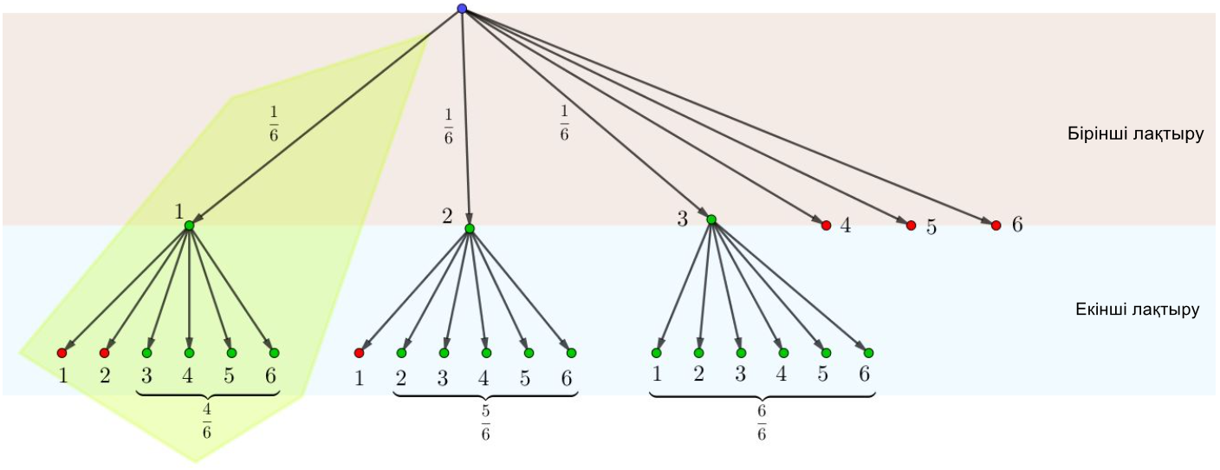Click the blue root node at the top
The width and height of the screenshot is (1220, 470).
tap(462, 9)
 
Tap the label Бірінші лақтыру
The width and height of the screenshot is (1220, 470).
tap(1135, 135)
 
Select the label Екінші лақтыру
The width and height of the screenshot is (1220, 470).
tap(1137, 310)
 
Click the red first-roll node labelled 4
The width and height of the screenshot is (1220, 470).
tap(827, 225)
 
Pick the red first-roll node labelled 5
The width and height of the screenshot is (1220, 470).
tap(911, 225)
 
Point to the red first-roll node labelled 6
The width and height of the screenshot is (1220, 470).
tap(996, 225)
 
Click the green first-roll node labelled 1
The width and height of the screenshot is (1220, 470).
tap(189, 225)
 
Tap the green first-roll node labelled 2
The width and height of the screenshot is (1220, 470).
tap(470, 228)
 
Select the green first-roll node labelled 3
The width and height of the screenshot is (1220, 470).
tap(711, 219)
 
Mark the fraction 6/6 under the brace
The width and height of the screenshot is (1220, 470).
tap(762, 421)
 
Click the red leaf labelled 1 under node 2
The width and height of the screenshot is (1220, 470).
tap(359, 353)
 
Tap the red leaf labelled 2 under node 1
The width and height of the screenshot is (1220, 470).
tap(104, 353)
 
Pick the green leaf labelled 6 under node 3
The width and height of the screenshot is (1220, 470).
tap(868, 353)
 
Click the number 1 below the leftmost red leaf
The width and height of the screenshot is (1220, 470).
tap(62, 376)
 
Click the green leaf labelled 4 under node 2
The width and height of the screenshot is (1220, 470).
tap(486, 353)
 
